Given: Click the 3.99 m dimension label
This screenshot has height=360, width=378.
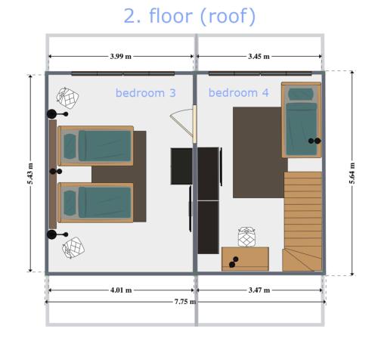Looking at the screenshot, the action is tap(121, 56).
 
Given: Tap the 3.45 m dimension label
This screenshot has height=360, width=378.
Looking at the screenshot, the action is tap(259, 56).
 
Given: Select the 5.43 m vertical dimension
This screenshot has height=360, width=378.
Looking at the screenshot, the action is tap(30, 173).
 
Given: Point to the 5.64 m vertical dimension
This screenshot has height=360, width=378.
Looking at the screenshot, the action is tap(352, 173).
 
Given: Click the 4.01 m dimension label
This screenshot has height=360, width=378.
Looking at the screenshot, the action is tap(121, 290).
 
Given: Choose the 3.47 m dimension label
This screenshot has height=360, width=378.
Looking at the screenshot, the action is tap(259, 290).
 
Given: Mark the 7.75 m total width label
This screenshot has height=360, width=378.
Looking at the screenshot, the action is tap(185, 302).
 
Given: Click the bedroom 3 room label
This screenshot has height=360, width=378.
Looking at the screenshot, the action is tap(146, 93).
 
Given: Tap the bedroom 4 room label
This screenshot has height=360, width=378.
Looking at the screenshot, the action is tap(239, 93).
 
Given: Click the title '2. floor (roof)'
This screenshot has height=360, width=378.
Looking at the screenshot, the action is tap(190, 16).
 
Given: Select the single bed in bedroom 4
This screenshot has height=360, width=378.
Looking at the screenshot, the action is tap(302, 120).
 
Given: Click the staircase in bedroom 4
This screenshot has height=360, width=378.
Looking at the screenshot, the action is tap(302, 222).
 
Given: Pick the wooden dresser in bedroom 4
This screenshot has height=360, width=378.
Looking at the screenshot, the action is tap(245, 259).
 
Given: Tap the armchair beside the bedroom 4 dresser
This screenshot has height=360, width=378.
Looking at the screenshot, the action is tap(247, 237).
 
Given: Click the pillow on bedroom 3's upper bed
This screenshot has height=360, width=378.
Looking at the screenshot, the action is tap(70, 146).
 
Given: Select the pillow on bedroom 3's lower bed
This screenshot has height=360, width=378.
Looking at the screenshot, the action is tap(70, 203).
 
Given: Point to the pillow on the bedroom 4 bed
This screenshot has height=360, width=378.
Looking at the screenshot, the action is tap(301, 95).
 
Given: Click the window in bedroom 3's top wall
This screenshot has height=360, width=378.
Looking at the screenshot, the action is tap(123, 73).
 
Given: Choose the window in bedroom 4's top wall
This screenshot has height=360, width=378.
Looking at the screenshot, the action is tap(260, 73).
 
